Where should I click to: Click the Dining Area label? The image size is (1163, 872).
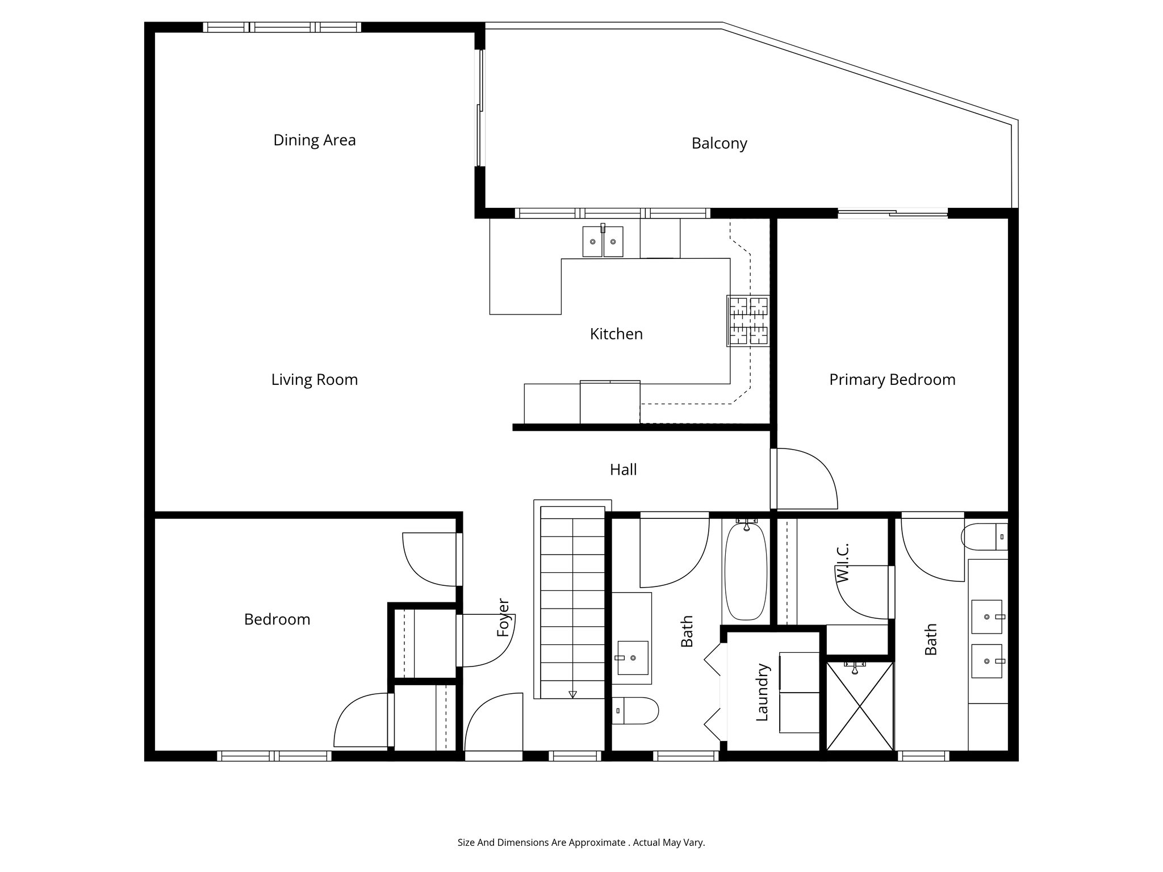coord(314,140)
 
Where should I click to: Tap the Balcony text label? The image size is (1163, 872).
coord(719,144)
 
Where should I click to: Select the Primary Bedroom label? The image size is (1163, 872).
coord(892,380)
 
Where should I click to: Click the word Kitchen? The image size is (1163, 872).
coord(616,334)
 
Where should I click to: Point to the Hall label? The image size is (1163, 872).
coord(623,469)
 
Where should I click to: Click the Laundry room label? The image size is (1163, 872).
coord(762,692)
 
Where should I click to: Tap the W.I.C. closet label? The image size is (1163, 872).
coord(842,563)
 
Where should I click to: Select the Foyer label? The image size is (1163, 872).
coord(503,617)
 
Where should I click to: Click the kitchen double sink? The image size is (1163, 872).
coord(603,241)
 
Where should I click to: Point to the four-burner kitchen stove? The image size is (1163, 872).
coord(748,321)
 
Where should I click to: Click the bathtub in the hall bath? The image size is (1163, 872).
coord(746,571)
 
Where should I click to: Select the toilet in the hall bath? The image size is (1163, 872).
coord(635,710)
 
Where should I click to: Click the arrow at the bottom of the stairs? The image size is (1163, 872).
coord(572,694)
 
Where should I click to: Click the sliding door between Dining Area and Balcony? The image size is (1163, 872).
coord(480,108)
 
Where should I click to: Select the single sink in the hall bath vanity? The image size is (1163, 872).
coord(632,658)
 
